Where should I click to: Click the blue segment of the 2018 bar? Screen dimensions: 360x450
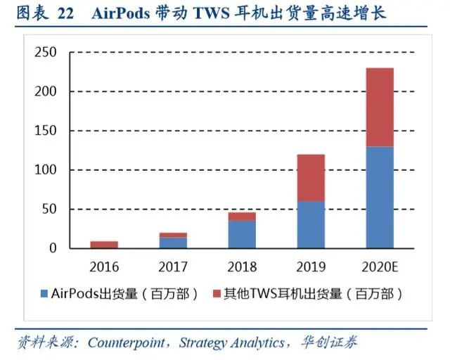(241, 234)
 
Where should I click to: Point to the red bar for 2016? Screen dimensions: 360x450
(104, 245)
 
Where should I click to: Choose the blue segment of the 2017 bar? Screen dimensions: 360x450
(173, 243)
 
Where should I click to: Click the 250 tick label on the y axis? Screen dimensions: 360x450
(46, 53)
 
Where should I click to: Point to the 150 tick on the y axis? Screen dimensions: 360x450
(46, 131)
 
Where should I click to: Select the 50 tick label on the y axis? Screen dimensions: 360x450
(49, 210)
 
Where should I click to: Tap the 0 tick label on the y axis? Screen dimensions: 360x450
(53, 248)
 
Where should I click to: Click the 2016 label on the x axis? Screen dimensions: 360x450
(104, 267)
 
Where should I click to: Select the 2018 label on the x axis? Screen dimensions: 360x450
(241, 267)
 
